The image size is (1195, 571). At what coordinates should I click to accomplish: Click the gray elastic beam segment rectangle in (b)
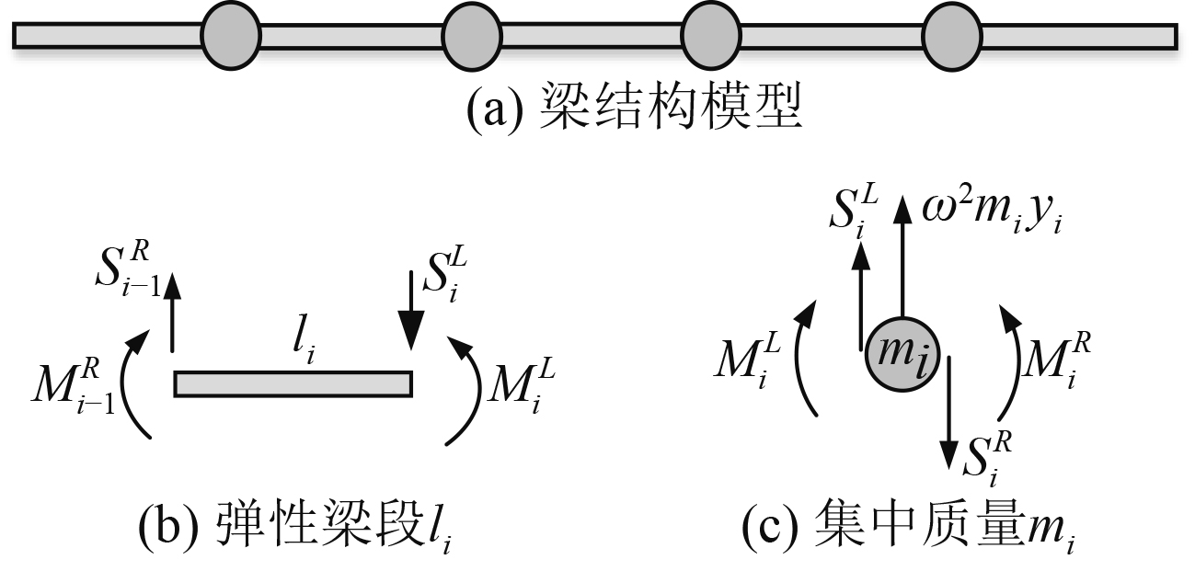pyautogui.click(x=293, y=383)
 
